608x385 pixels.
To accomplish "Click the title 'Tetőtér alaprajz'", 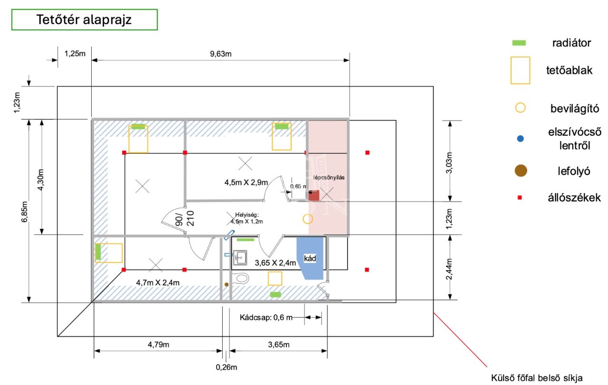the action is pos(84,19).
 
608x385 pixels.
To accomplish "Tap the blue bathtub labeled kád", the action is pos(310,258).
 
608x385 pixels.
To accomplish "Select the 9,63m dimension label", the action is pos(221,54).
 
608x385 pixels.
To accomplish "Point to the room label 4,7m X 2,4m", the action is pos(158,283).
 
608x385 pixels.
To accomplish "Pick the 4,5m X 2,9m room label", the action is pos(246,182).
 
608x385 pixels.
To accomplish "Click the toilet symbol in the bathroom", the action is pos(241,278).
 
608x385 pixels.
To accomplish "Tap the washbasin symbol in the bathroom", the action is pos(240,257).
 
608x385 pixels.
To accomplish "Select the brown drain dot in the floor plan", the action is pos(227,285).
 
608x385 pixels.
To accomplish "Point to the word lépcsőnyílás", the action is pos(329,178).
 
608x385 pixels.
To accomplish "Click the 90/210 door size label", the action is pos(185,219).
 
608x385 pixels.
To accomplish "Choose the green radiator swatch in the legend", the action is pos(519,43).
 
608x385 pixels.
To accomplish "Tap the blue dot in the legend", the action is pos(520,139).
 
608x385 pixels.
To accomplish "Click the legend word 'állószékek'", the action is pos(574,198).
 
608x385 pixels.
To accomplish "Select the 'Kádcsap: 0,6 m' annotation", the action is pos(266,318).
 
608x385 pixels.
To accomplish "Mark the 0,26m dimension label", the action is pos(227,367).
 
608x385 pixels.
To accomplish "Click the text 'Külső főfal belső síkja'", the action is pos(537,378).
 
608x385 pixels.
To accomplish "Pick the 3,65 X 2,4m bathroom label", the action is pos(275,263).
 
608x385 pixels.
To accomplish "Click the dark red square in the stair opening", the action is pos(314,196).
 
